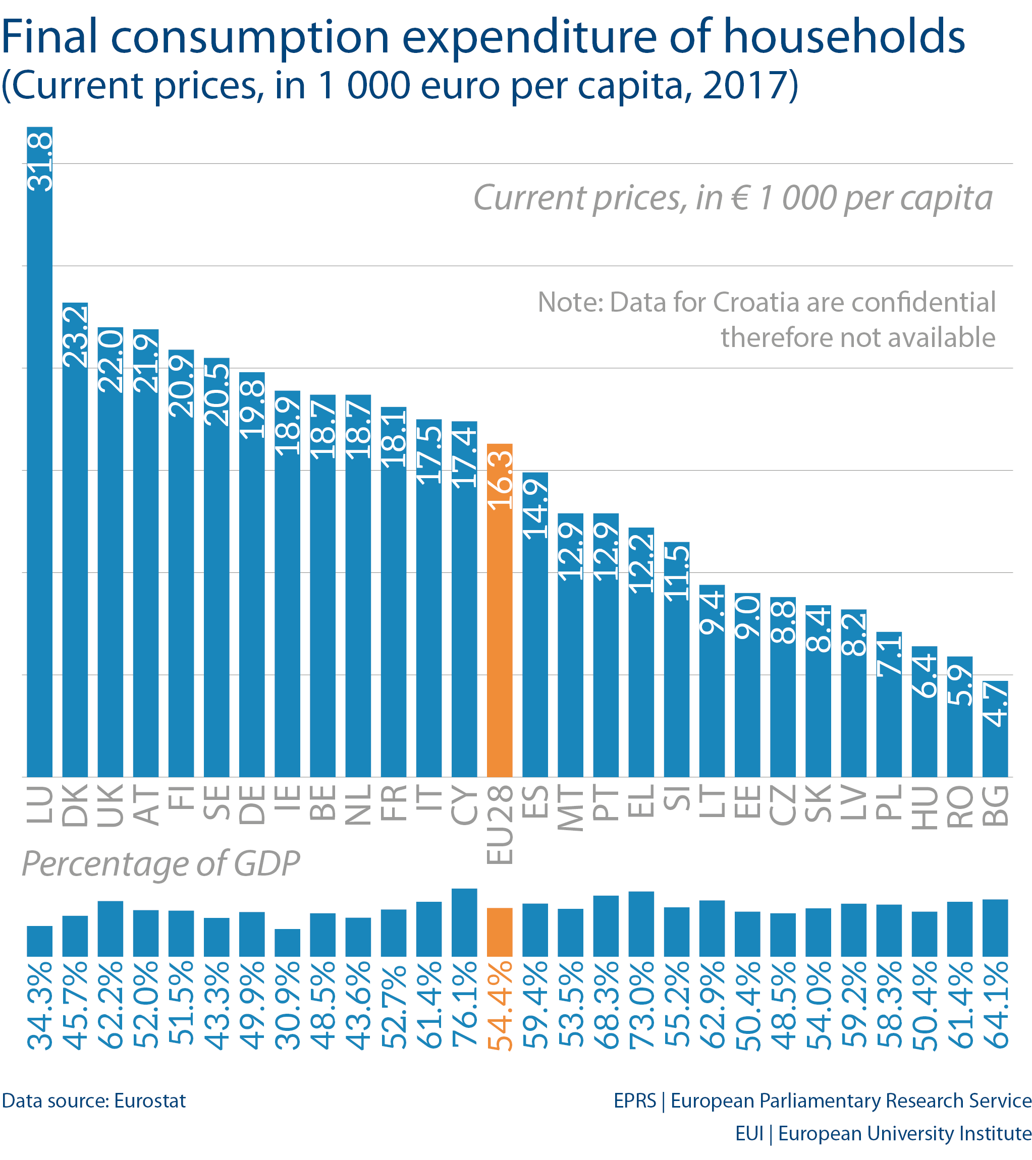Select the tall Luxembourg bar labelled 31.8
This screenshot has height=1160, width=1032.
(40, 454)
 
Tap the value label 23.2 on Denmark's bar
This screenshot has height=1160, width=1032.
(75, 336)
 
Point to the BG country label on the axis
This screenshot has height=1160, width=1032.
(995, 806)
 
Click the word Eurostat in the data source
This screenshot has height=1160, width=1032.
(150, 1101)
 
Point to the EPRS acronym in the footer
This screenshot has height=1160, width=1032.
(634, 1101)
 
